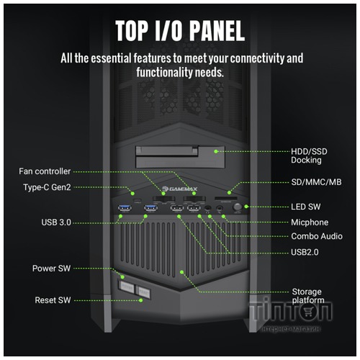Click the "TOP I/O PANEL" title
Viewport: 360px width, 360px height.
(x=180, y=31)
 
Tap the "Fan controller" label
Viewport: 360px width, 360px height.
(x=45, y=171)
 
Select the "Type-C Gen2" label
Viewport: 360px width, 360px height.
(x=47, y=187)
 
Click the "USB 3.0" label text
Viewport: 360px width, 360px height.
(x=56, y=222)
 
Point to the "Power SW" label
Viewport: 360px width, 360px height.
(x=51, y=269)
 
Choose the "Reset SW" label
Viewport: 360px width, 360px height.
(x=53, y=300)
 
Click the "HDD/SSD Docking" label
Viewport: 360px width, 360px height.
(x=309, y=156)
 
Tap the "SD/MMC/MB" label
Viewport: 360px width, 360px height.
(x=316, y=182)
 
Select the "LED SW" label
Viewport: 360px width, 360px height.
(x=306, y=207)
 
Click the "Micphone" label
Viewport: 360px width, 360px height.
(x=310, y=222)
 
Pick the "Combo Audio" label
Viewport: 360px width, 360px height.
(x=317, y=236)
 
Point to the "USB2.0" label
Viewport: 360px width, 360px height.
(x=305, y=252)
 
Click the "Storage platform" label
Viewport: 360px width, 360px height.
(x=308, y=296)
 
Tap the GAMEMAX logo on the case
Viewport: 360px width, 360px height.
(x=179, y=189)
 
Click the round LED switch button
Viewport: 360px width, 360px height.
(x=237, y=207)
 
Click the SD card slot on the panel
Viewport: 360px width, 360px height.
(x=226, y=199)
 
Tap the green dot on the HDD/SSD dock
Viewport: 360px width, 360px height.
(x=216, y=151)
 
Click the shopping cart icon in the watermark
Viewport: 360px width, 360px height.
(x=307, y=312)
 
